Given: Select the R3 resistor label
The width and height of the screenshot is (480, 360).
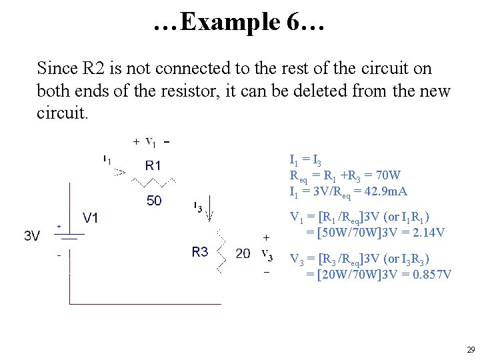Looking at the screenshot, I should [200, 252].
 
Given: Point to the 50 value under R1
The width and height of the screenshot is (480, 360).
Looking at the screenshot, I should [154, 201].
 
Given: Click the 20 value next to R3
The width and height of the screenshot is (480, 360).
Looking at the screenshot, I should [243, 254].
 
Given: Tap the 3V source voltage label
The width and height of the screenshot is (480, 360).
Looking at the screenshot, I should [31, 235].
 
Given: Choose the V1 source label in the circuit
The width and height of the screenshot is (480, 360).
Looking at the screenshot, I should [91, 218].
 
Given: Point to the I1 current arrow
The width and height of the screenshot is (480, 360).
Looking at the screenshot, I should [119, 171].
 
